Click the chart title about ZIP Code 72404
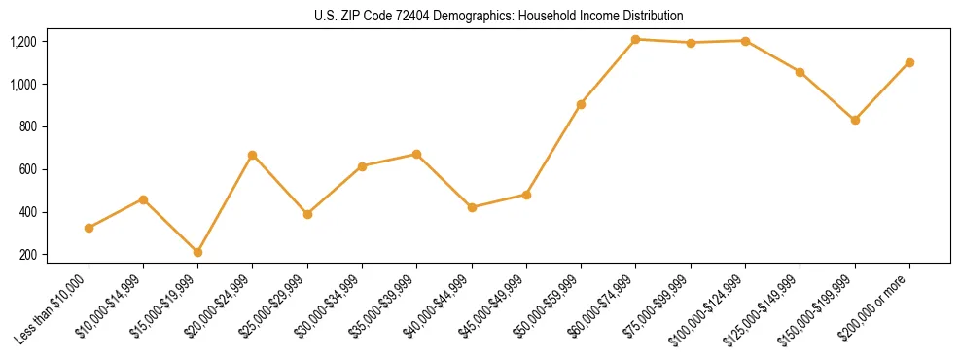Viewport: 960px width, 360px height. [x=499, y=17]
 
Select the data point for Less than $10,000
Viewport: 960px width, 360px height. [x=89, y=228]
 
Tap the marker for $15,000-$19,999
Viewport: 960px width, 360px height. [x=197, y=252]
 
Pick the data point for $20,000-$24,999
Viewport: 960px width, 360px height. [x=253, y=155]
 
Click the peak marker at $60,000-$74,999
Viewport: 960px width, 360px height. [x=635, y=39]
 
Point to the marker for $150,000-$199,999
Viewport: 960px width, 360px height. [x=855, y=120]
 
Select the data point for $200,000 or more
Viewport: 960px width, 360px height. [x=909, y=62]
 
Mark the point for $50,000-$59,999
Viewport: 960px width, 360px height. [x=581, y=104]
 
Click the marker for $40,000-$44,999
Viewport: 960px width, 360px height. [x=472, y=207]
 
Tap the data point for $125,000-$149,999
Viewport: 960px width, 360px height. [x=800, y=72]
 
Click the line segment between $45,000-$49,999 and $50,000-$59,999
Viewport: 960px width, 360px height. [x=553, y=149]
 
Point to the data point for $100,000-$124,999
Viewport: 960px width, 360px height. [x=745, y=41]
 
